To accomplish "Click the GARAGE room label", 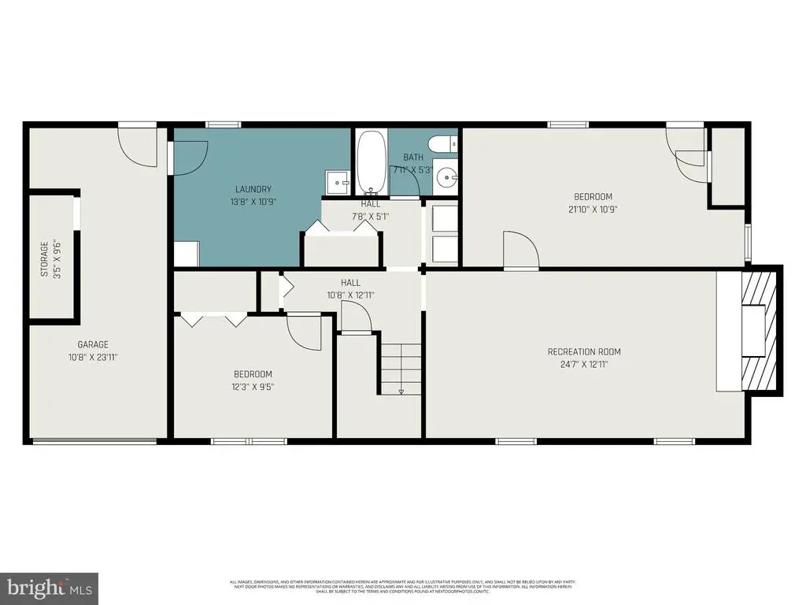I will [x=93, y=344].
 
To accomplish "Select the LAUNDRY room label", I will [x=253, y=189].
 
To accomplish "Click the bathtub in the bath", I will [x=371, y=162].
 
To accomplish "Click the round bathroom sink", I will [x=447, y=177].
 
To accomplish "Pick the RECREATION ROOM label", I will [x=584, y=351].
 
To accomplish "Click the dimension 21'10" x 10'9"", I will [x=593, y=209].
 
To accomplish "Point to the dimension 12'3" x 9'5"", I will [x=253, y=387].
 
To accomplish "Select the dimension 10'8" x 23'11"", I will [x=93, y=357].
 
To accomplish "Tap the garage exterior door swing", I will [x=135, y=146].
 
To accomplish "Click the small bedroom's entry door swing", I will [x=305, y=331].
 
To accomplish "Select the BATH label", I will [x=413, y=158].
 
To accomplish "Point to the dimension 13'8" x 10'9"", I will [x=253, y=201].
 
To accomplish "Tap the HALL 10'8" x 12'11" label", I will [x=351, y=288].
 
